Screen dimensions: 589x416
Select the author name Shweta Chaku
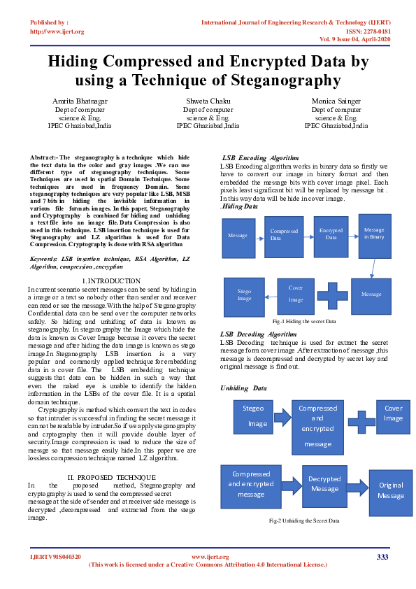[208, 101]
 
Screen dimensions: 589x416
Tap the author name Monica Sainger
[336, 101]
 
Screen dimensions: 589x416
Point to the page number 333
[382, 557]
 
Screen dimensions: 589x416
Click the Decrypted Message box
[324, 484]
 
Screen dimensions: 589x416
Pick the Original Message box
[391, 490]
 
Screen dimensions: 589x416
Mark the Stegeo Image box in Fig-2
[253, 416]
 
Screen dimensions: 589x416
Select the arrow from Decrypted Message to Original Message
[357, 485]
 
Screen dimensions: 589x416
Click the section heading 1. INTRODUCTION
[112, 281]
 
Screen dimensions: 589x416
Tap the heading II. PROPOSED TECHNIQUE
[112, 476]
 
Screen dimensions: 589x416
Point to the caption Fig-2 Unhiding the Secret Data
[304, 520]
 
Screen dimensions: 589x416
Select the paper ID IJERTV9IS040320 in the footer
[55, 557]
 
